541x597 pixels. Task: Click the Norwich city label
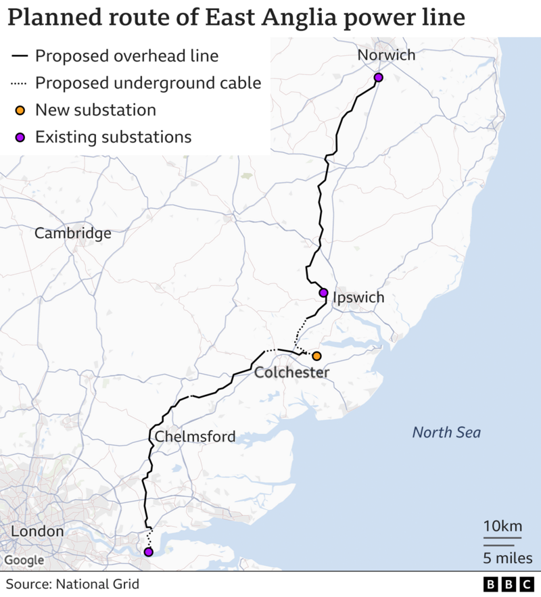(x=386, y=55)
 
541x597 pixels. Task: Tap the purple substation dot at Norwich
(x=379, y=78)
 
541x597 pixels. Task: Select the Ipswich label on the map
(x=358, y=297)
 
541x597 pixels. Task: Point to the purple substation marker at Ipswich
(x=323, y=293)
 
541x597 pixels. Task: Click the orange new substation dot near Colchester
(x=316, y=356)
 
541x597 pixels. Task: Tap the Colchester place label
(x=291, y=373)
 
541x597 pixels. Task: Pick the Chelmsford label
(x=195, y=436)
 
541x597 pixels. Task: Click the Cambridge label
(x=73, y=233)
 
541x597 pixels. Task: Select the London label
(x=37, y=531)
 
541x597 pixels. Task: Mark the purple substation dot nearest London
(x=148, y=552)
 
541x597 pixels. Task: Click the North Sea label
(x=446, y=432)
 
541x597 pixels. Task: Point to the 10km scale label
(x=502, y=526)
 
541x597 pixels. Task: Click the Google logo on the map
(x=24, y=560)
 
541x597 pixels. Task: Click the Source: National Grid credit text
(x=72, y=583)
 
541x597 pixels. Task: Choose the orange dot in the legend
(x=20, y=110)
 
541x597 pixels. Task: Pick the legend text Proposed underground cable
(x=147, y=83)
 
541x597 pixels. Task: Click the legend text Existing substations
(x=113, y=137)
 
